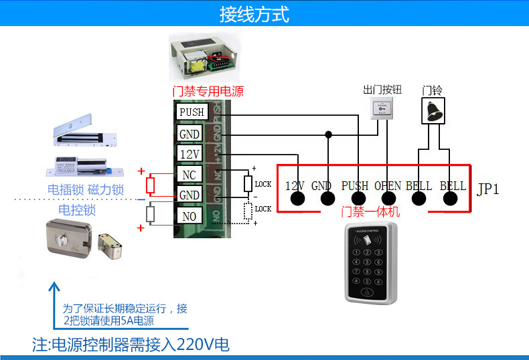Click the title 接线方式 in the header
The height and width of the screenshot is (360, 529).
tap(255, 15)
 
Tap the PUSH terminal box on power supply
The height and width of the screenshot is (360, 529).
tap(192, 112)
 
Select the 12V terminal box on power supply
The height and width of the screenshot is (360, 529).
tap(190, 154)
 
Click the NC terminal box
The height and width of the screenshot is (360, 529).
tap(189, 175)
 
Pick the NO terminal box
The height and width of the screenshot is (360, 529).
tap(189, 216)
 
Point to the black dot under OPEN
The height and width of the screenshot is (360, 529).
tap(388, 199)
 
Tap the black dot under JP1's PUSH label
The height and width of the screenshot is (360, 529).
tap(359, 199)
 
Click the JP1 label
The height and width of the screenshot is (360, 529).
tap(487, 189)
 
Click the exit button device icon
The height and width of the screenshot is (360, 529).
tap(383, 108)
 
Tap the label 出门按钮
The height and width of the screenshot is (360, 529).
tap(382, 90)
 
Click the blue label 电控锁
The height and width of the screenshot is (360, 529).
tap(77, 210)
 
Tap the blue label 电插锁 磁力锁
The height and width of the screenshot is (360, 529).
tap(85, 190)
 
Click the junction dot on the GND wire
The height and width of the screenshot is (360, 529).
tap(327, 134)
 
